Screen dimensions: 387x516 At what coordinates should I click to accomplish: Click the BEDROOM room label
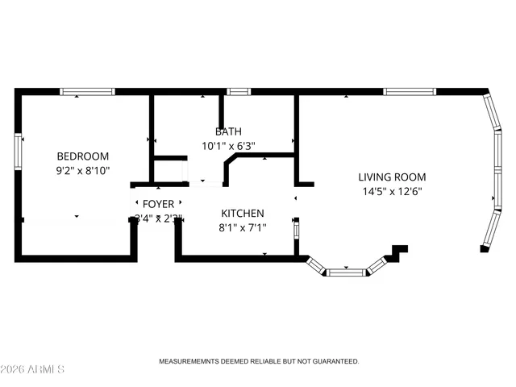tap(82, 156)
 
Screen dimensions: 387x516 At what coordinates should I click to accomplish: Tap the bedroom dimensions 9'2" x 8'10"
tap(82, 170)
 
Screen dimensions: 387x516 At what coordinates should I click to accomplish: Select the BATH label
tap(228, 131)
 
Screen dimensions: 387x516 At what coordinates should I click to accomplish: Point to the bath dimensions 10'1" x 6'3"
tap(228, 146)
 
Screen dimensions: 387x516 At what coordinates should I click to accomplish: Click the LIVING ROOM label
tap(393, 177)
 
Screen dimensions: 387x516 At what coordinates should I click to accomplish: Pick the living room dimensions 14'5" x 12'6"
tap(393, 191)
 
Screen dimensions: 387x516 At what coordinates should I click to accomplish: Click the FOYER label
tap(158, 204)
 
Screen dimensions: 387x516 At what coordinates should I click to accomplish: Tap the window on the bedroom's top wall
tap(83, 91)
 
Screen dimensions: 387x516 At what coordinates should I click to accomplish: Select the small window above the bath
tap(238, 91)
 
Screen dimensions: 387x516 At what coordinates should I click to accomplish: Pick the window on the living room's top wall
tap(410, 91)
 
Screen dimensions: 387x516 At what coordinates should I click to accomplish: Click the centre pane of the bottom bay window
tap(346, 272)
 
